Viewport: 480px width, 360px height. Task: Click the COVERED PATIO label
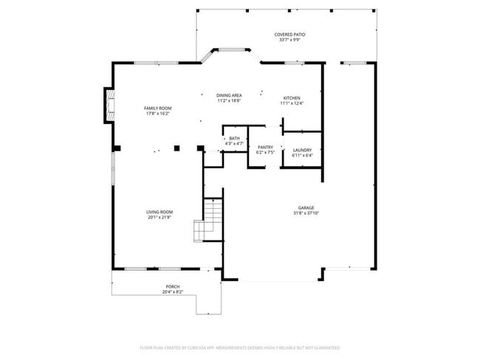289,35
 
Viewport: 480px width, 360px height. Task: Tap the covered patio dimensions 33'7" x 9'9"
289,40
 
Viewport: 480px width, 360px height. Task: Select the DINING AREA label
229,95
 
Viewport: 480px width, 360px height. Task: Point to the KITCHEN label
292,98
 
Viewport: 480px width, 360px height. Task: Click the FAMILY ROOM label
157,108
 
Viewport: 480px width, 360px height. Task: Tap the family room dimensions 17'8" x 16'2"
157,114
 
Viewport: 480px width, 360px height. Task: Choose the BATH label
234,138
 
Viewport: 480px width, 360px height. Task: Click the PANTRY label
265,148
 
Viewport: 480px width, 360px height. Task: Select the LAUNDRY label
303,150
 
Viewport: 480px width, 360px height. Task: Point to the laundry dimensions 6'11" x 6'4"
303,155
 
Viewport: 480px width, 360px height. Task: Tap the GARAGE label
306,208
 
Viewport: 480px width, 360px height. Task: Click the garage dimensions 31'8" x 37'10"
306,213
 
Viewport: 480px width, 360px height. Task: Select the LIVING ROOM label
159,212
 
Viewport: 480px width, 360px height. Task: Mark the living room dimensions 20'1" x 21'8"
159,217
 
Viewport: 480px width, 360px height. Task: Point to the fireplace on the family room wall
109,105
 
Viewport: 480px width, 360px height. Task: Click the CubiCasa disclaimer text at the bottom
239,347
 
